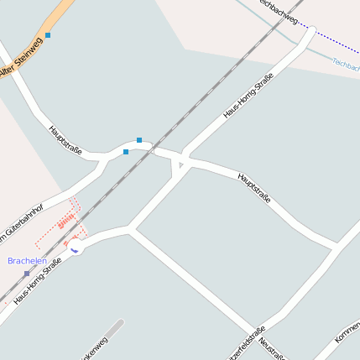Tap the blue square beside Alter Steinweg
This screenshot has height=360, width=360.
pyautogui.click(x=48, y=35)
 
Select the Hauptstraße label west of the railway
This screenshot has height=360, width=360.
pyautogui.click(x=65, y=140)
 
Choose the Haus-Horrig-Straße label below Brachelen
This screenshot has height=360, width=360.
pyautogui.click(x=38, y=280)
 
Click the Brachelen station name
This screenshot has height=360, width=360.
pyautogui.click(x=27, y=261)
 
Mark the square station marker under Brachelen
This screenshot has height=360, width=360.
pyautogui.click(x=26, y=274)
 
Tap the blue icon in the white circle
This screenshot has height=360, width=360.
pyautogui.click(x=74, y=249)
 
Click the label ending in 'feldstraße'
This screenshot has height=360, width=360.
pyautogui.click(x=249, y=340)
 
